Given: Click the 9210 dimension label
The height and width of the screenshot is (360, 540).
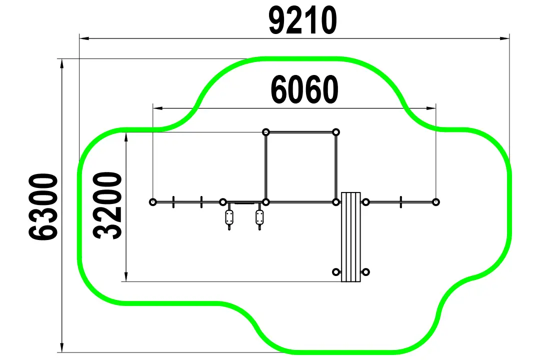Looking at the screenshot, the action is point(302,21).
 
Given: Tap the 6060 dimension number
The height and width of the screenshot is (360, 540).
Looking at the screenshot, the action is point(304,89).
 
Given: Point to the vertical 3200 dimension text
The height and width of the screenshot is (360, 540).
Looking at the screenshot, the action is point(107,205).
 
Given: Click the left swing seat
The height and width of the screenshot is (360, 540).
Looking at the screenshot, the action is point(229,217).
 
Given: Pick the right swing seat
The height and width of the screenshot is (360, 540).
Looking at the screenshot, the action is point(259,217).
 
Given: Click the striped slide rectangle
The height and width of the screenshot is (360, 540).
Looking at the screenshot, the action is point(351,237).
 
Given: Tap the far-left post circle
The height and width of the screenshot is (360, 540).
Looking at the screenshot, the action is point(153,202).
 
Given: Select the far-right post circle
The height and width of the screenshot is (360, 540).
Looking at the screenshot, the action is point(435,202).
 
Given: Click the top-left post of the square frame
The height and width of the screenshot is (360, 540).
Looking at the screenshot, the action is point(266,132).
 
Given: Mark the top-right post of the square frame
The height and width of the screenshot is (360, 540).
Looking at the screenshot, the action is point(336,132).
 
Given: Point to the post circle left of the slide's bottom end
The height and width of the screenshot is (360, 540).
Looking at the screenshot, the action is point(336,272).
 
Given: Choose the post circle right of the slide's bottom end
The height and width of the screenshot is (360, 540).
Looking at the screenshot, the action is point(366,272).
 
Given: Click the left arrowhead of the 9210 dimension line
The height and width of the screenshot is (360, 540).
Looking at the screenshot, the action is point(84,38).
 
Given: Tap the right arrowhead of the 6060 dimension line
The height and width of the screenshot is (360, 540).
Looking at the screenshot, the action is point(431,108).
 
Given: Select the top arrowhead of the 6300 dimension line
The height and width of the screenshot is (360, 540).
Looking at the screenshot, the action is point(62,63).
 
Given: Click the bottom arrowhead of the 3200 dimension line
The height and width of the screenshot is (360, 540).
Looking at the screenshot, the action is point(126,277).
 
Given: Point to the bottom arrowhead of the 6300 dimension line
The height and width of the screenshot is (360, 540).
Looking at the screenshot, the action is point(62,347).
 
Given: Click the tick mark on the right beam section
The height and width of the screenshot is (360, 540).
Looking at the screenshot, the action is point(401,202).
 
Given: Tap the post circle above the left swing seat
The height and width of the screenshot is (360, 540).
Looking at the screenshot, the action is point(223,202).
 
